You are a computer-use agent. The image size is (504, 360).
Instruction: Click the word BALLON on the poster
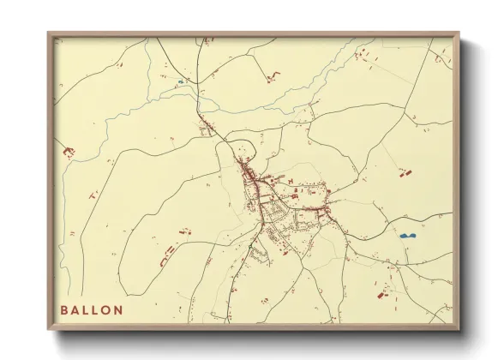coord(92,309)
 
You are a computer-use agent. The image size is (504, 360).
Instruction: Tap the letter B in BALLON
coord(64,309)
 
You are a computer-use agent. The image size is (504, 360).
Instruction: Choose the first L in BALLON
coord(86,309)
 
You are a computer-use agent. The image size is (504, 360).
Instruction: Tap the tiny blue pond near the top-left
coord(180,82)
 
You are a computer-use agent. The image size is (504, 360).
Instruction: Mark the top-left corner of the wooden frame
coord(49,34)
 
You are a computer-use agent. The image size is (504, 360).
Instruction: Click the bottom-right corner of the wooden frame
coord(458,327)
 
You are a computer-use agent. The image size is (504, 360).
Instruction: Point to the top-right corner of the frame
coord(458,34)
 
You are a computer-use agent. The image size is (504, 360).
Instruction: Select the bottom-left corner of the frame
coord(49,327)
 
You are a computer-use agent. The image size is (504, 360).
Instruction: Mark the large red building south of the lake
coord(381,295)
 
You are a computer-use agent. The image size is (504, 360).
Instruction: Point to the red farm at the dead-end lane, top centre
coord(273,78)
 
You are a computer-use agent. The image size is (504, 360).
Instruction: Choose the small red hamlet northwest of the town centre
coord(207,130)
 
